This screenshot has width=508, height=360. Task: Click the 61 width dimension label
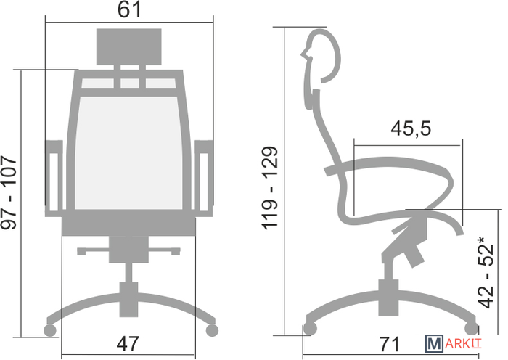coord(129,9)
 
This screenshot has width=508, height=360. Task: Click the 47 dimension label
coord(128,344)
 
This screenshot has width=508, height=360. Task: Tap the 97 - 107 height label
coord(9,192)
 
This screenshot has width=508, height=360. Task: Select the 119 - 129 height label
coord(270,188)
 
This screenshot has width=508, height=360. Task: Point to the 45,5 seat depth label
coord(411,128)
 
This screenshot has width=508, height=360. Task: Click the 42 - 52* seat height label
coord(486,272)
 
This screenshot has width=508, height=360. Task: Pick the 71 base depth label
coord(390,344)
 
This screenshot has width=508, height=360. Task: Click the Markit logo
coord(454,343)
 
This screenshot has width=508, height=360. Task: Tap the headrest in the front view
coord(129,46)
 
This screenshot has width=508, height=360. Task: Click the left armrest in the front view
coord(54,179)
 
